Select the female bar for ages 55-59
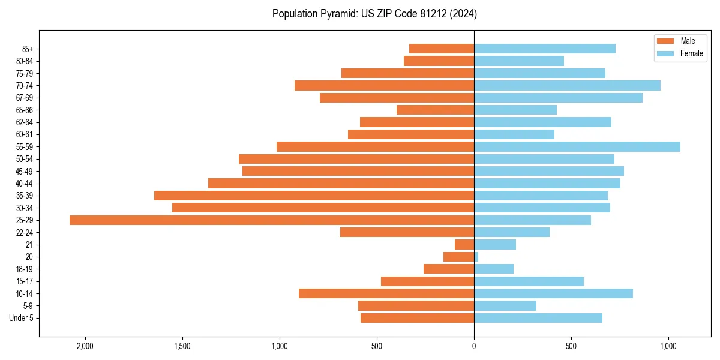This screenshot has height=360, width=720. pos(577,147)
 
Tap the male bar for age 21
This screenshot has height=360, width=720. pos(464,245)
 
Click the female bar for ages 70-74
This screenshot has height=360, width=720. pos(567,86)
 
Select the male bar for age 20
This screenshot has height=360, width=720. pos(458,257)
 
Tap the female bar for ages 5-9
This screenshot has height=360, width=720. pos(505,306)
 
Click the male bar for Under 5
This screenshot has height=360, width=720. pos(417,318)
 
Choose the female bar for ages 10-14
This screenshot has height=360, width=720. pos(553,293)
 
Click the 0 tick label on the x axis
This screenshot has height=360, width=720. pos(474,346)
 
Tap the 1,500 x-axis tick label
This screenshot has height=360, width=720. pos(182,346)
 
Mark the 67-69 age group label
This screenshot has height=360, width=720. pos(25,98)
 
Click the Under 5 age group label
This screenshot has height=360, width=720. pos(21,318)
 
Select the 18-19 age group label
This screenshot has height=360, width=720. pos(25,269)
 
